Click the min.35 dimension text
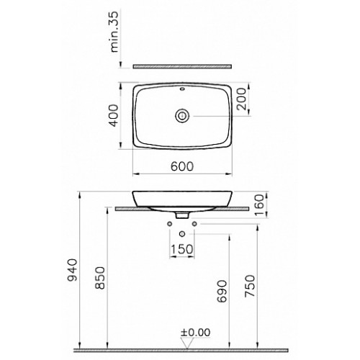(x=114, y=32)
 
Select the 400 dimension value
(x=114, y=115)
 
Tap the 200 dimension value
(x=241, y=99)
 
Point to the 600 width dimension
(x=182, y=166)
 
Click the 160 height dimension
(x=258, y=205)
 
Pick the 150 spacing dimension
(x=182, y=249)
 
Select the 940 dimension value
(x=73, y=270)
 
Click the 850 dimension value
(x=100, y=278)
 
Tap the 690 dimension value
(x=222, y=291)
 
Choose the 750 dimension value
(x=250, y=286)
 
